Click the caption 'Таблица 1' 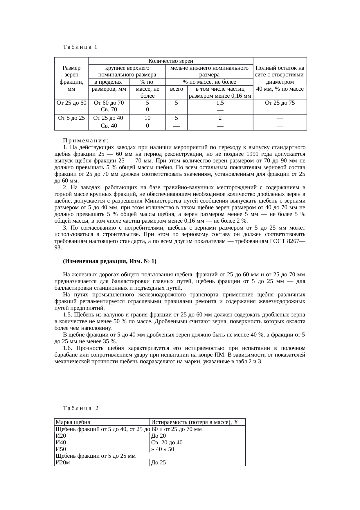(x=80, y=47)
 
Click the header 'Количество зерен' (x=171, y=61)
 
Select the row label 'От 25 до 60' (x=71, y=103)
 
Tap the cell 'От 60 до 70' (x=109, y=103)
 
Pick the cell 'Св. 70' (x=109, y=110)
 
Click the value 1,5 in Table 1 (x=220, y=103)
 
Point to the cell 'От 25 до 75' (x=280, y=103)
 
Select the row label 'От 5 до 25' (x=71, y=118)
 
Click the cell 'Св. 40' (x=109, y=126)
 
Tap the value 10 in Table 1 (x=147, y=118)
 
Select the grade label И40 (x=61, y=443)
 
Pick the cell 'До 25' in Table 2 (x=159, y=463)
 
